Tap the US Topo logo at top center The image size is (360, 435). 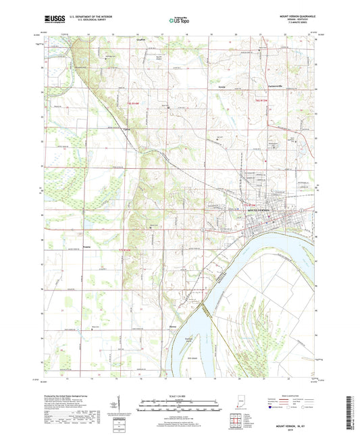coord(171,21)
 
